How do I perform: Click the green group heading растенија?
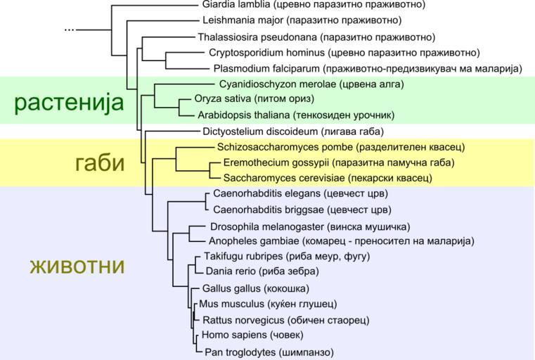click(x=69, y=103)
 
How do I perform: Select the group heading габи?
click(x=99, y=162)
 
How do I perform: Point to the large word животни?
click(x=77, y=266)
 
